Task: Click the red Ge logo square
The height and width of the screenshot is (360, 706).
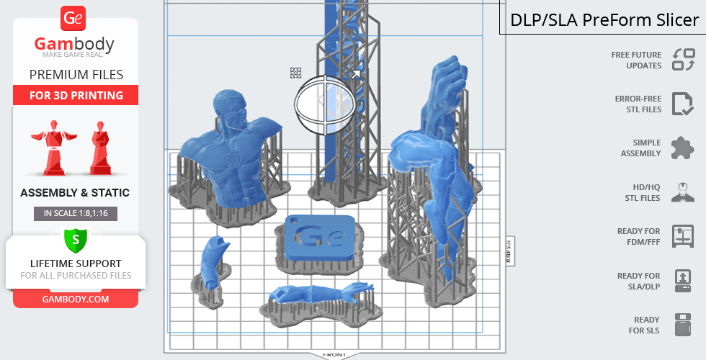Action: [x=73, y=18]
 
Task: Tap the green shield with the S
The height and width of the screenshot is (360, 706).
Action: [x=76, y=240]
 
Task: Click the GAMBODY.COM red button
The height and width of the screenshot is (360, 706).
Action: [x=76, y=300]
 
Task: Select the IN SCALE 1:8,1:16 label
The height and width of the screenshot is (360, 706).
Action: [x=76, y=213]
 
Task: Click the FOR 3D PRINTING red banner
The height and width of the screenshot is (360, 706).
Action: [x=76, y=95]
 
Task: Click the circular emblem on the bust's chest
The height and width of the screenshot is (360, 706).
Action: [x=233, y=158]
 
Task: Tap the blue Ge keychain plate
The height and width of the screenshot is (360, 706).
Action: [x=319, y=238]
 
